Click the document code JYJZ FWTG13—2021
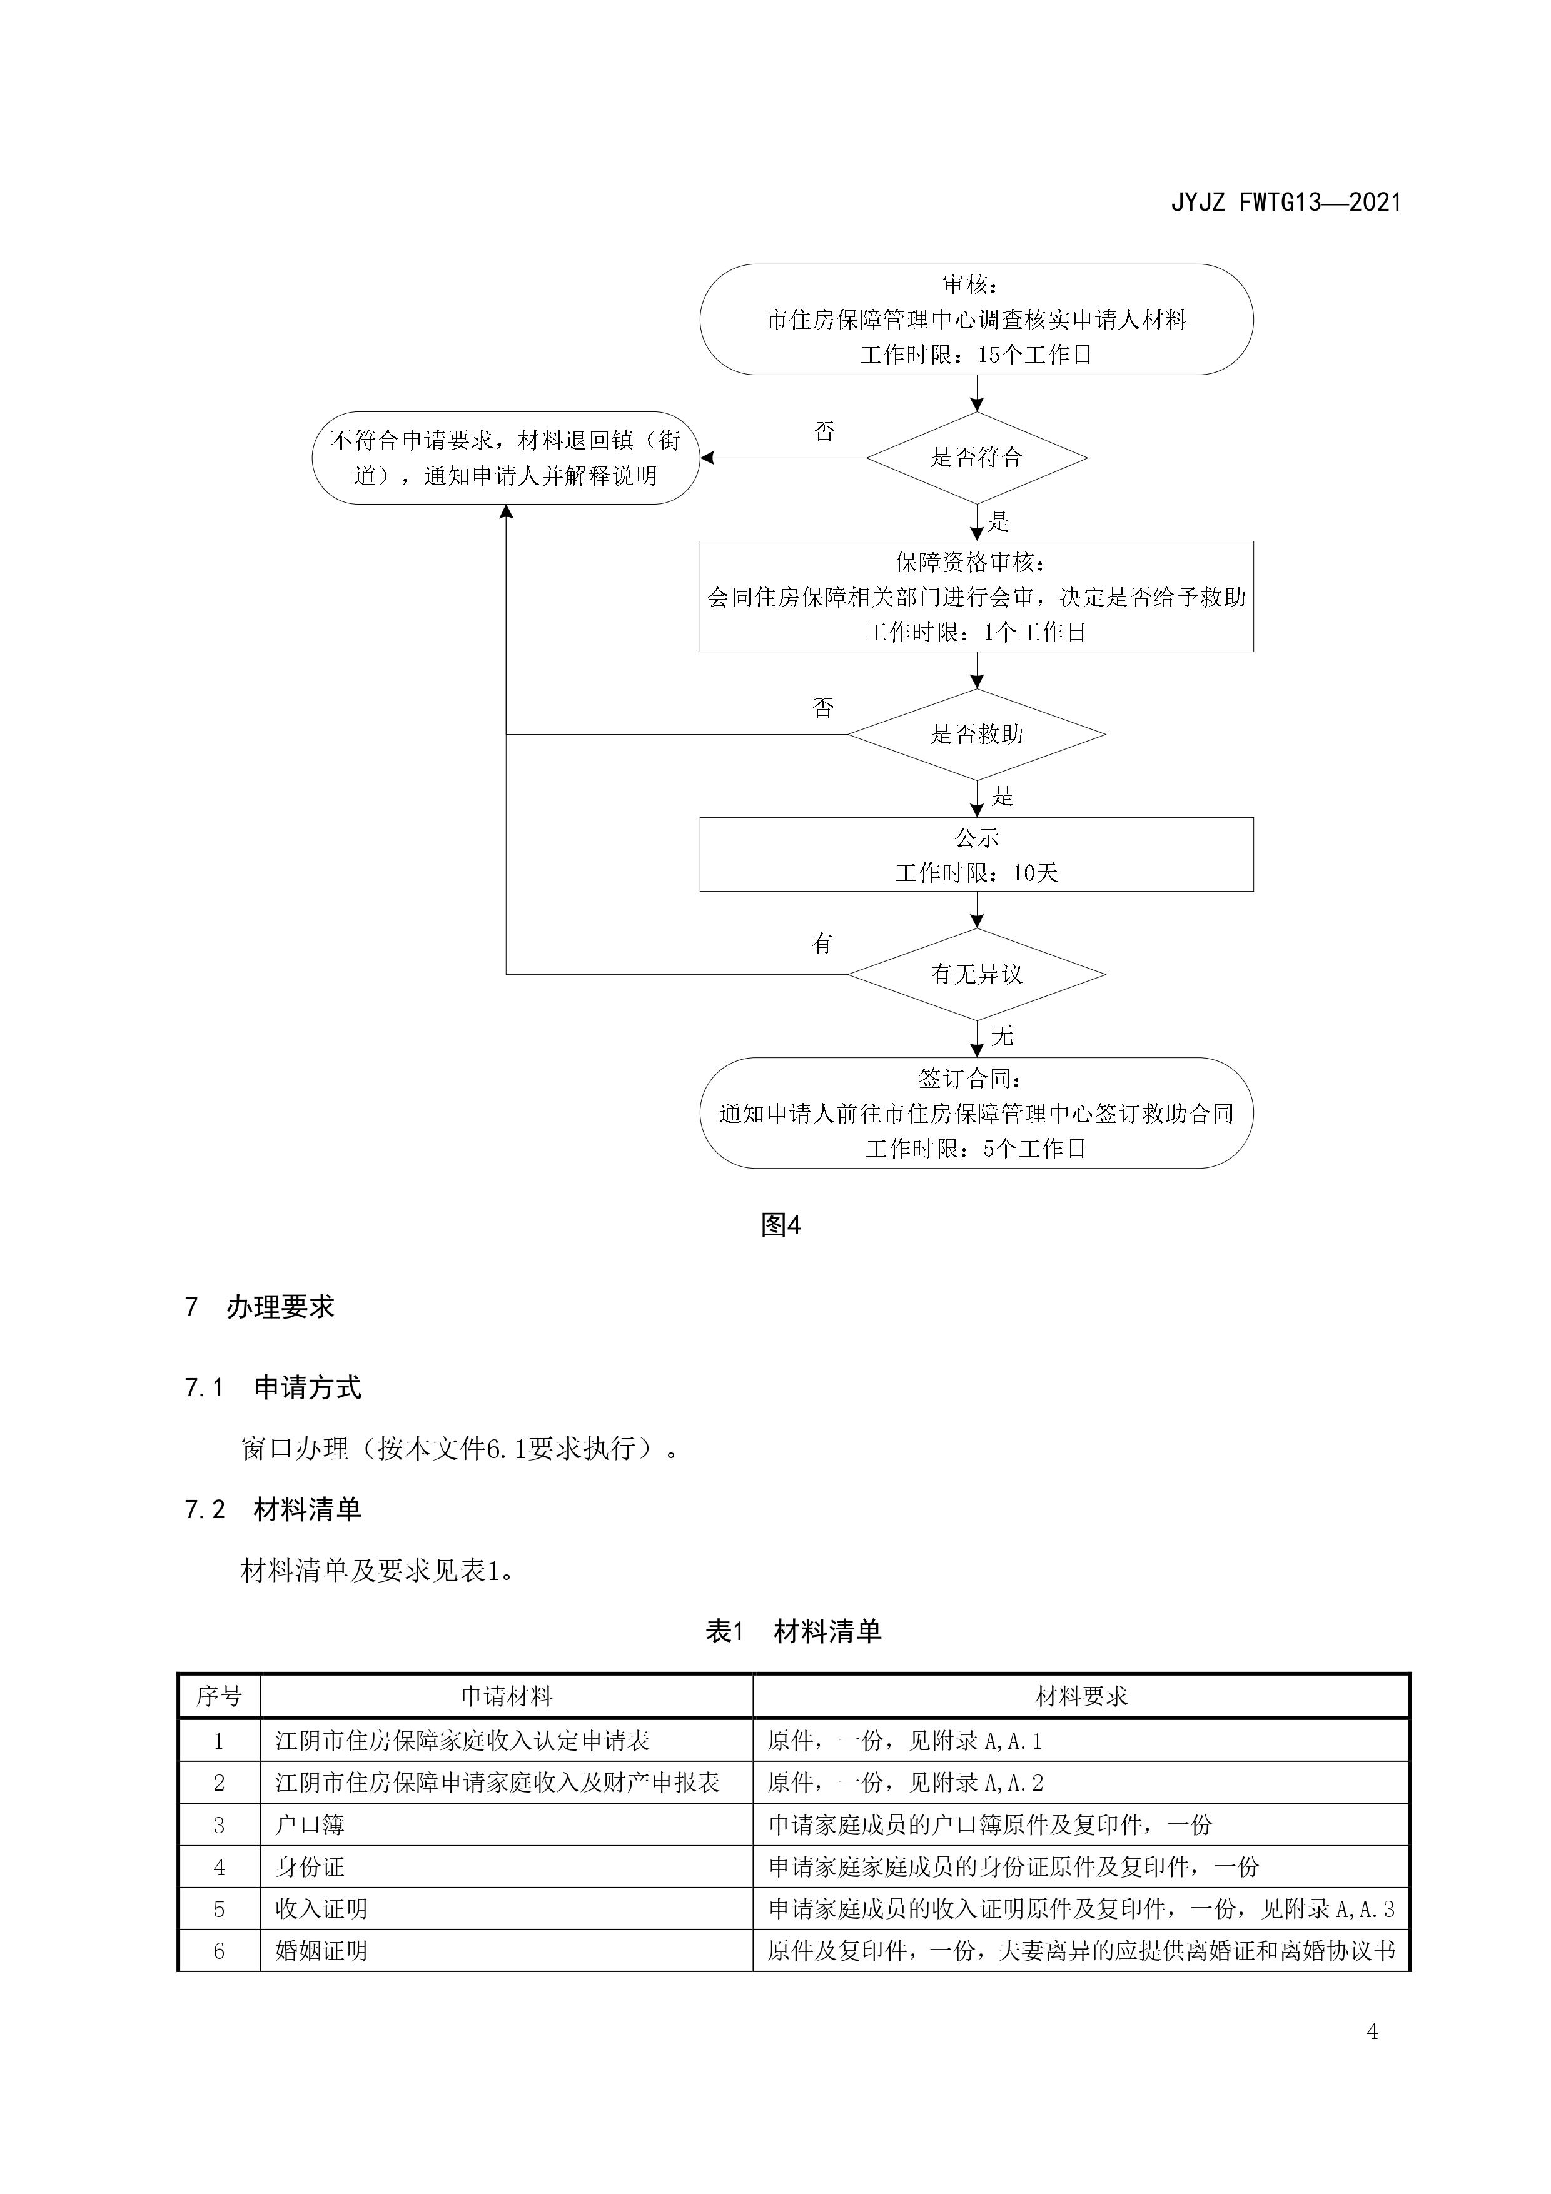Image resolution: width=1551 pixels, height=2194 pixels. [1285, 203]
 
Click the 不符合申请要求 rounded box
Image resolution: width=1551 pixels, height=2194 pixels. [505, 458]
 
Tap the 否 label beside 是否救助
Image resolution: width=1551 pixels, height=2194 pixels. [823, 708]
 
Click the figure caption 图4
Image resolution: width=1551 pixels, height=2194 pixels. [780, 1225]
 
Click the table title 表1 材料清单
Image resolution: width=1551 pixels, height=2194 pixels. [792, 1631]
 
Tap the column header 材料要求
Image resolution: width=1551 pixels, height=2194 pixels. [1081, 1696]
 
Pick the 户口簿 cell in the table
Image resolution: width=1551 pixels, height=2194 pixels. [310, 1825]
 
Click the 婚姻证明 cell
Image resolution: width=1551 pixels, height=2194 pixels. [321, 1950]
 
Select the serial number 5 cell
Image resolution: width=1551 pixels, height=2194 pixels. [219, 1908]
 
